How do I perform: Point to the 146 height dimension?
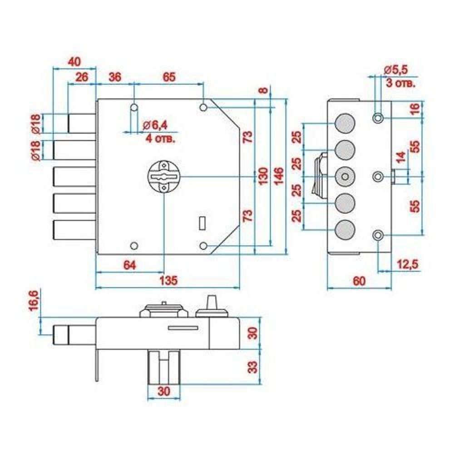pyautogui.click(x=279, y=177)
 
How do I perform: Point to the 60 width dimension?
pyautogui.click(x=359, y=281)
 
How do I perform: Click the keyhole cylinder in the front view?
pyautogui.click(x=163, y=176)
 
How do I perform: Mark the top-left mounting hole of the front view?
pyautogui.click(x=134, y=108)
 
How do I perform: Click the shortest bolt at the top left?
pyautogui.click(x=82, y=123)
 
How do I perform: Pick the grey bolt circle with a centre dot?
pyautogui.click(x=345, y=177)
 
